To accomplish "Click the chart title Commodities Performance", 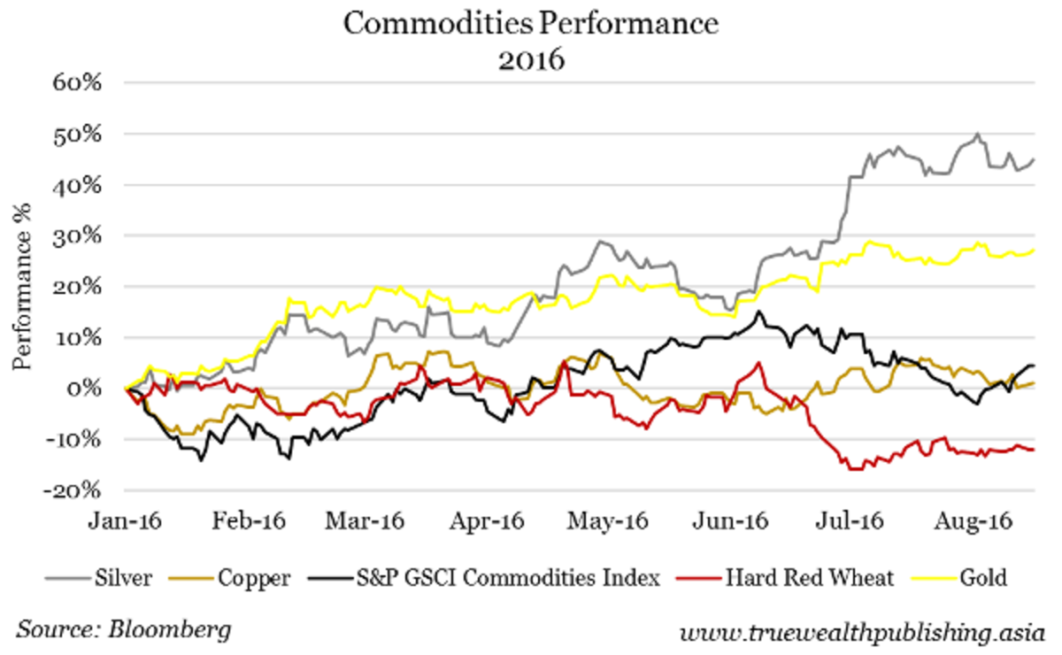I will (x=531, y=25).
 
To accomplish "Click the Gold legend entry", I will (x=987, y=579).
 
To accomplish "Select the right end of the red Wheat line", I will (x=1034, y=450).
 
